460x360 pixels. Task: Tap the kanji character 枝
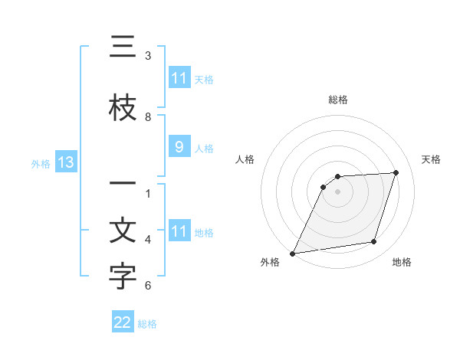coord(123,108)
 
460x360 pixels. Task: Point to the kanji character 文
coord(123,232)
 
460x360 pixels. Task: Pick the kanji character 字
coord(123,278)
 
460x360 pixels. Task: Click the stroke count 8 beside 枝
coord(148,117)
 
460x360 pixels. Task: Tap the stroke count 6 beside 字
coord(148,286)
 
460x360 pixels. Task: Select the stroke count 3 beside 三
coord(148,56)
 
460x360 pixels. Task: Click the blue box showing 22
coord(123,323)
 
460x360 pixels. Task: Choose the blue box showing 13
coord(65,162)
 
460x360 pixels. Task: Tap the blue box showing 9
coord(179,147)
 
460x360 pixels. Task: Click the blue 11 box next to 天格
coord(179,78)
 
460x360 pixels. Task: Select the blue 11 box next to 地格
coord(179,231)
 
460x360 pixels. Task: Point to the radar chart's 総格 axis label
coord(337,100)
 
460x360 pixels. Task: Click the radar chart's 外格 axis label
coord(270,263)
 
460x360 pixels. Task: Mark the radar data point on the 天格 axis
coord(396,172)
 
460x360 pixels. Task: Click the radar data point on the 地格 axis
coord(374,242)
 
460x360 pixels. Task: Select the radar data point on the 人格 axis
coord(324,187)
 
